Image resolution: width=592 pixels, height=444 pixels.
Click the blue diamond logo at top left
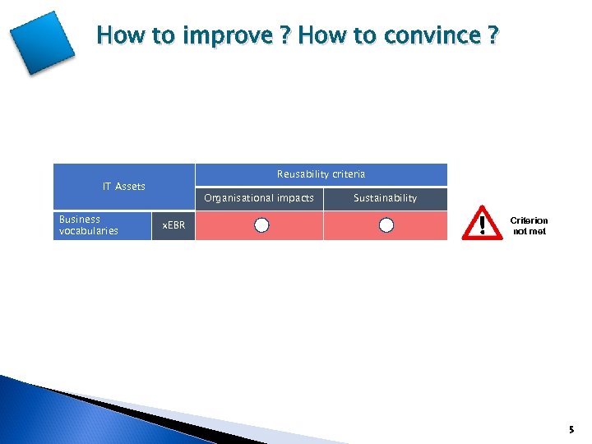coord(42,43)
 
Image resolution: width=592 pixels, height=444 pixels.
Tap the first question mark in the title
coord(284,35)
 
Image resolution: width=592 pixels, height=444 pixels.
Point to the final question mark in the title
coord(493,35)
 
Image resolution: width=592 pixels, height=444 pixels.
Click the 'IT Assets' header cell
coord(123,187)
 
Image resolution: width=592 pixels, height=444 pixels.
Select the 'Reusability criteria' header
coord(321,174)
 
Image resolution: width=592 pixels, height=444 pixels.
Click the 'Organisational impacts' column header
coord(259,198)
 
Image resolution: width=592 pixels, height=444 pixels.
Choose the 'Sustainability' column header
coord(385,198)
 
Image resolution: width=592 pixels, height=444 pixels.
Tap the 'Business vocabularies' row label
coord(89,225)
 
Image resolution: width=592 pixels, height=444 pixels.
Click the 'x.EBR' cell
coord(173,225)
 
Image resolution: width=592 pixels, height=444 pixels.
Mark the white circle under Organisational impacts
coord(261,225)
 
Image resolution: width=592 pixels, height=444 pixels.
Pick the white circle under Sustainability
coord(386,225)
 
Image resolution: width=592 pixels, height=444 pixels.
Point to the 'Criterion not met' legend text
coord(529,226)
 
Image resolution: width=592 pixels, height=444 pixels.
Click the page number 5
coord(571,429)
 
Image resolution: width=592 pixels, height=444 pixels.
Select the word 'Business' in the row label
coord(80,220)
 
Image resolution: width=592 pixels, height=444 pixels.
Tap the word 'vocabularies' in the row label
coord(89,231)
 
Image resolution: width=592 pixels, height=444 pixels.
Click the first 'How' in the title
coord(116,36)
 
